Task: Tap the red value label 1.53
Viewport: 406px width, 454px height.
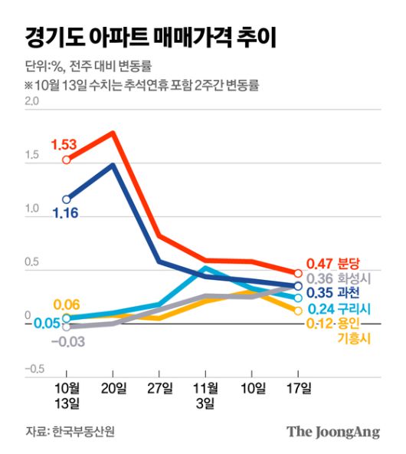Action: [x=65, y=144]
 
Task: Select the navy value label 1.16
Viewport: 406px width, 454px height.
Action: [x=66, y=213]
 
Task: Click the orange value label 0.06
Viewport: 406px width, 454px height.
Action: [x=67, y=304]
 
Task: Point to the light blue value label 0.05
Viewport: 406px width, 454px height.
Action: [x=47, y=323]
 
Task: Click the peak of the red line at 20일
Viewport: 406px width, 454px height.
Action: [x=113, y=133]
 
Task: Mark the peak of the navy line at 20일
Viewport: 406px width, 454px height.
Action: [x=113, y=164]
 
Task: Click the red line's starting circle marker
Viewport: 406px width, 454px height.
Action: [x=67, y=160]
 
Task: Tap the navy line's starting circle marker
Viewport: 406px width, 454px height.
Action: [x=67, y=199]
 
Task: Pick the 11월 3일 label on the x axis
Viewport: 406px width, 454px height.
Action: [x=205, y=393]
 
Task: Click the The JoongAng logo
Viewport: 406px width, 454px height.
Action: [x=333, y=432]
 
